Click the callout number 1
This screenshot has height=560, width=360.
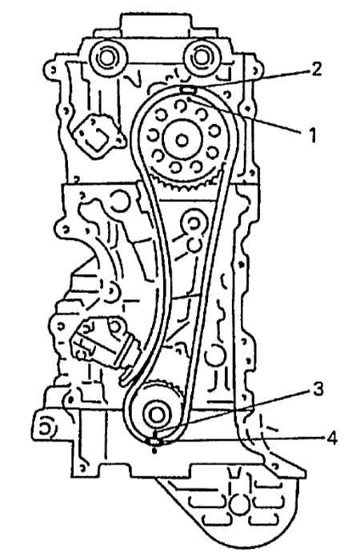click(312, 136)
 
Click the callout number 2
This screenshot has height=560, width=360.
click(314, 70)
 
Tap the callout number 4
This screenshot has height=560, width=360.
click(331, 438)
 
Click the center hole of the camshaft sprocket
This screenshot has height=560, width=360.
click(182, 140)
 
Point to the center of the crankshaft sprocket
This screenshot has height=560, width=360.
click(157, 414)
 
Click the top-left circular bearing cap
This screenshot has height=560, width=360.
click(106, 58)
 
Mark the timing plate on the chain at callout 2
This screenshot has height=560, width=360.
click(187, 90)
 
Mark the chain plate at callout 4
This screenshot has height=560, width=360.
click(154, 442)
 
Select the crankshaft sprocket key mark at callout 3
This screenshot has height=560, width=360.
click(156, 434)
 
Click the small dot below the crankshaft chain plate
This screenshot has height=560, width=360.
click(154, 451)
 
